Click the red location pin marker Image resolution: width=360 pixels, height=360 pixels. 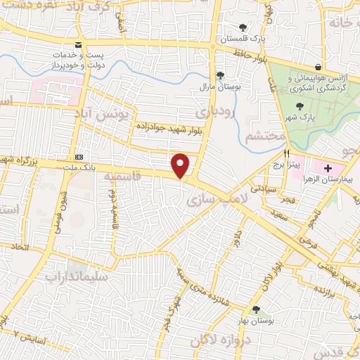click(181, 165)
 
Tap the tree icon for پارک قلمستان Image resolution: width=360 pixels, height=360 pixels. click(243, 27)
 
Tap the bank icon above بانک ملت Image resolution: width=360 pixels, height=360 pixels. click(79, 156)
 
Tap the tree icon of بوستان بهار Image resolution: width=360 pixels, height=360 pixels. click(256, 309)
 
